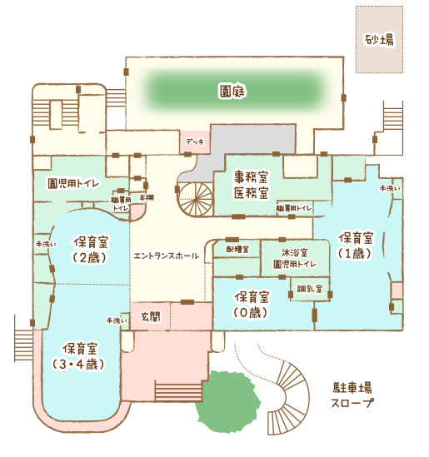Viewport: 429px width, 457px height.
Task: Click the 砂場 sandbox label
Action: [379, 40]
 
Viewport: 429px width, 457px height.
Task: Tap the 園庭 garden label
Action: [232, 92]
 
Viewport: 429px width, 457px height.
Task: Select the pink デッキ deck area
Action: [194, 142]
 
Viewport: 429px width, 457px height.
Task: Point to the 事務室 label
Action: [251, 177]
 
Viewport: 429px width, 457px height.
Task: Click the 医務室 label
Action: [251, 192]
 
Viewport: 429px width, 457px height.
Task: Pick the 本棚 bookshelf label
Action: [146, 197]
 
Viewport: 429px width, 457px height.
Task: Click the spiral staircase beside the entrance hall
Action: [196, 200]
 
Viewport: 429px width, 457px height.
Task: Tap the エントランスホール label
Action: [167, 256]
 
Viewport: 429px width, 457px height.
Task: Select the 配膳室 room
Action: [237, 249]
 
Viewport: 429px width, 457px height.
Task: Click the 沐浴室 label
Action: [295, 252]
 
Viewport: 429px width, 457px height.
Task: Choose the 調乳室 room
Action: [310, 289]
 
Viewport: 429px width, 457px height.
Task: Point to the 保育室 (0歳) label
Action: [251, 305]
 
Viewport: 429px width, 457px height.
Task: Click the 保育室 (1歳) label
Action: [356, 246]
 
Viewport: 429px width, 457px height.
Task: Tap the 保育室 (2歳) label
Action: [91, 250]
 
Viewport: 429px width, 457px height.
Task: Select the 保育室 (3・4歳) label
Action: [79, 356]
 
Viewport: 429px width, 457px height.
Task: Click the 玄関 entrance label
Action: [151, 317]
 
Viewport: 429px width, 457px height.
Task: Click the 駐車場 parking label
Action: [352, 388]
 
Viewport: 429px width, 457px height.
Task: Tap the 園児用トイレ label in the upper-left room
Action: [73, 184]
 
